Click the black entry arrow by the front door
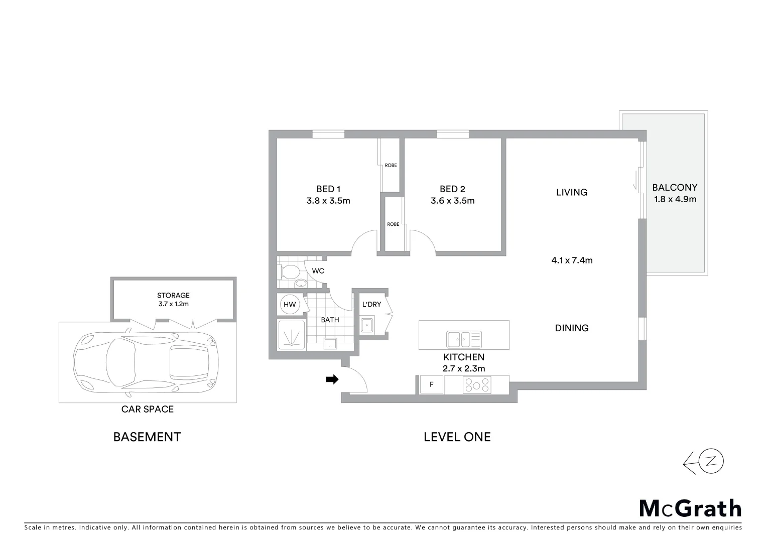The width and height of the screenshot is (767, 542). pyautogui.click(x=332, y=380)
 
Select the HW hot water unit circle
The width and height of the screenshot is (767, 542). pyautogui.click(x=290, y=304)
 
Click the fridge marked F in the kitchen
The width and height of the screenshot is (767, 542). pyautogui.click(x=431, y=385)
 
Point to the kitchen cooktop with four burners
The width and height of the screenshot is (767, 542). pyautogui.click(x=476, y=385)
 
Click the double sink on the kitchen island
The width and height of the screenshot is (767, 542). pyautogui.click(x=464, y=339)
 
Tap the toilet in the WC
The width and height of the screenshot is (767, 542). pyautogui.click(x=290, y=272)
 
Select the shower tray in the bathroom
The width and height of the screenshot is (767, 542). pyautogui.click(x=291, y=335)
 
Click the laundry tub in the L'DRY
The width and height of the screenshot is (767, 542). pyautogui.click(x=367, y=325)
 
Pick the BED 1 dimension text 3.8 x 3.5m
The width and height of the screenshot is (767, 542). pyautogui.click(x=328, y=201)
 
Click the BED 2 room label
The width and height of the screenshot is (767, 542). pyautogui.click(x=452, y=189)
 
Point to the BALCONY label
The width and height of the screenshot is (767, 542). pyautogui.click(x=675, y=188)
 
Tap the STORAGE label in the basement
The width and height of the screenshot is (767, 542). pyautogui.click(x=173, y=296)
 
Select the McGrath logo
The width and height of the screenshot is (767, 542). pyautogui.click(x=690, y=508)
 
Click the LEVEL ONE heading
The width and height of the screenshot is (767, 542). pyautogui.click(x=457, y=437)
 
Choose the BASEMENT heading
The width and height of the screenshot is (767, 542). pyautogui.click(x=147, y=437)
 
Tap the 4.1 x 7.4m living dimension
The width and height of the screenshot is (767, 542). pyautogui.click(x=572, y=260)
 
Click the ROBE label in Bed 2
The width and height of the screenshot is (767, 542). pyautogui.click(x=393, y=224)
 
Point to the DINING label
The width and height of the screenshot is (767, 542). pyautogui.click(x=572, y=328)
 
